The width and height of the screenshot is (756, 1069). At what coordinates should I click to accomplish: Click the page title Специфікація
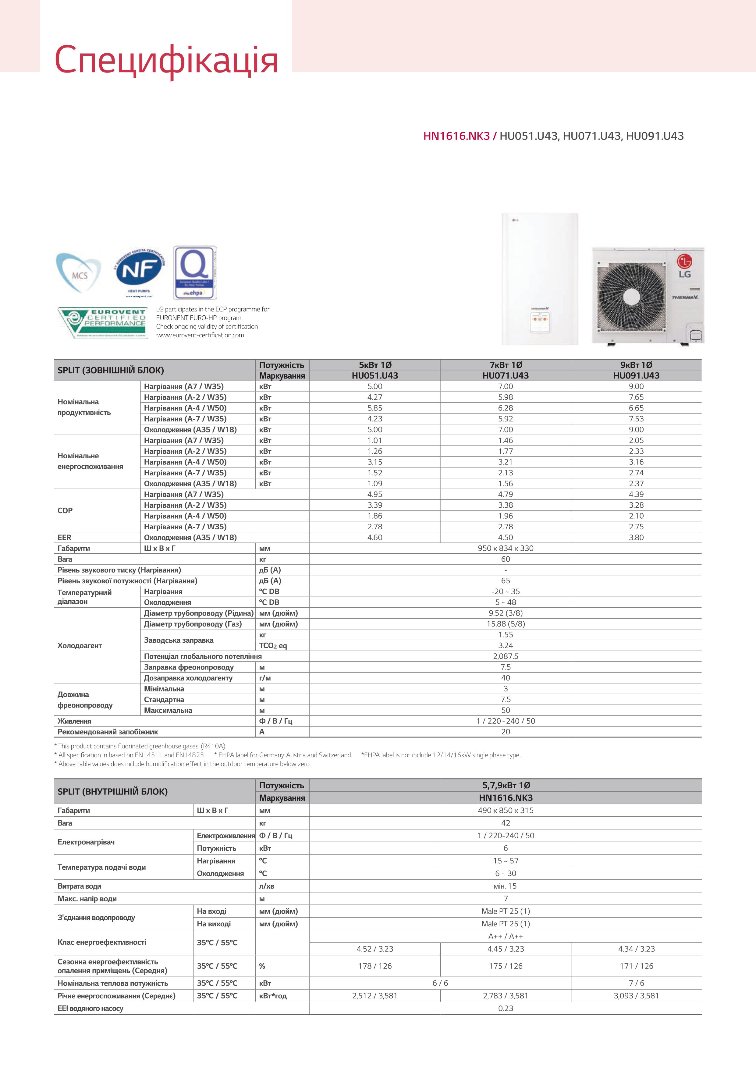pyautogui.click(x=166, y=61)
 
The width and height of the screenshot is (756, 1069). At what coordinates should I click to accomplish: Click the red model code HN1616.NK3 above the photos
pyautogui.click(x=456, y=136)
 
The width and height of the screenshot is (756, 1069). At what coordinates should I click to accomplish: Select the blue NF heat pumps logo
pyautogui.click(x=139, y=272)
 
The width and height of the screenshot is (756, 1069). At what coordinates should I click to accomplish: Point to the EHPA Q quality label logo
pyautogui.click(x=195, y=273)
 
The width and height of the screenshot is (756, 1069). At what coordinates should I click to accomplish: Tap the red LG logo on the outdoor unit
pyautogui.click(x=684, y=261)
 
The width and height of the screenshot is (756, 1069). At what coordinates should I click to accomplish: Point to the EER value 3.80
pyautogui.click(x=636, y=537)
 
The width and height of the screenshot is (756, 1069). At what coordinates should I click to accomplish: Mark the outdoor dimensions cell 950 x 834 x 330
pyautogui.click(x=506, y=548)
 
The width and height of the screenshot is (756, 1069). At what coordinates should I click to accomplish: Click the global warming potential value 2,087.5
pyautogui.click(x=506, y=656)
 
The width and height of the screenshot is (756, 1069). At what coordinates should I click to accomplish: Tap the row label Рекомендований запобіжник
pyautogui.click(x=108, y=731)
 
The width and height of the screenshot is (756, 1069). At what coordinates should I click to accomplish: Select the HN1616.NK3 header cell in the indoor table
pyautogui.click(x=506, y=797)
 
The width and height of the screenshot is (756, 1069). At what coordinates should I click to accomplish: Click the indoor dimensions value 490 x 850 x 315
pyautogui.click(x=506, y=810)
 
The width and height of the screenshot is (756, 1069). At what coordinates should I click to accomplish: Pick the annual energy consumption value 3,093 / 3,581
pyautogui.click(x=636, y=996)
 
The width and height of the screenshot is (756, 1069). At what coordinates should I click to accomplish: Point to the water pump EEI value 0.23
pyautogui.click(x=506, y=1008)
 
